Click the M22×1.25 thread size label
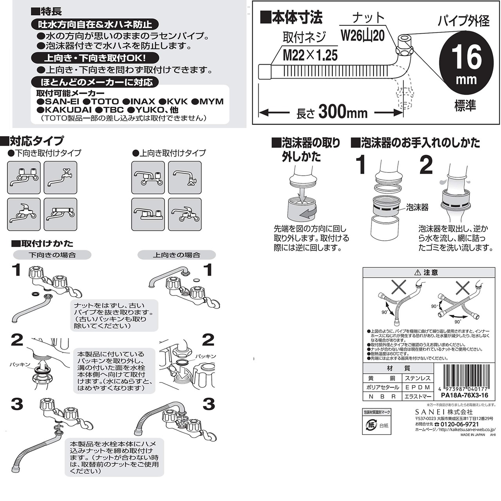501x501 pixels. coord(310,55)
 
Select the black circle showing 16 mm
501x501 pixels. coord(466,63)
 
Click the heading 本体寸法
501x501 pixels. coord(291,18)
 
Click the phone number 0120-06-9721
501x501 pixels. coord(460,424)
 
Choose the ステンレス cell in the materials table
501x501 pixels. coord(418,378)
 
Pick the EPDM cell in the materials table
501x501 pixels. coord(418,387)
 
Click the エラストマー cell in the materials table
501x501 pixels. coord(418,396)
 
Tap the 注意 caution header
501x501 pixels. coord(429,273)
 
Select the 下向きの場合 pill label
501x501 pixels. coord(52,255)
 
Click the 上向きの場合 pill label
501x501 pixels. coord(176,255)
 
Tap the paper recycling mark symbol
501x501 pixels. coord(371,425)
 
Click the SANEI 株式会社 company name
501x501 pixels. coord(444,412)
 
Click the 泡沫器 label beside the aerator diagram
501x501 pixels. coord(417,208)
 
